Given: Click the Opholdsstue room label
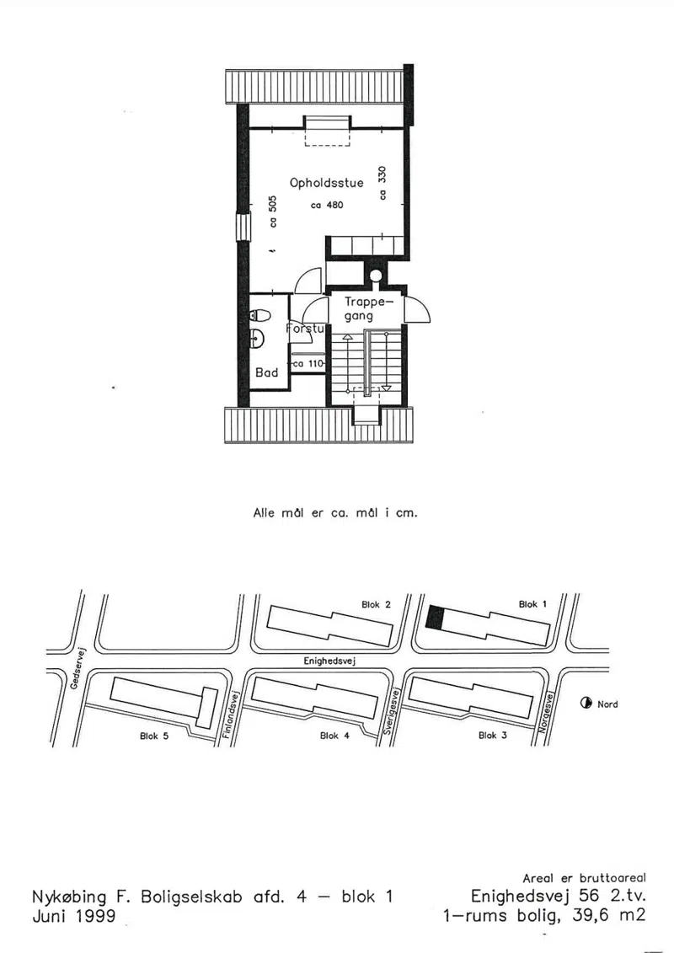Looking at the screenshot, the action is point(326,183).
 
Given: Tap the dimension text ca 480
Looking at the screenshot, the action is point(327,206).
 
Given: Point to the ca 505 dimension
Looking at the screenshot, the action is point(273,211).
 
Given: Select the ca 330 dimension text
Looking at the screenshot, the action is point(382,182).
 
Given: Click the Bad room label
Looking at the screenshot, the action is point(266,372).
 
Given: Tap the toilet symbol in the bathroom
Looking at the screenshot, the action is point(260,315).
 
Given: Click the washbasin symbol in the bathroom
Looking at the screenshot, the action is point(256,337).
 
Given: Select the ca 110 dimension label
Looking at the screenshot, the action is point(308,364).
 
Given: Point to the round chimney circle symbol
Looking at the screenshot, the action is point(376,276).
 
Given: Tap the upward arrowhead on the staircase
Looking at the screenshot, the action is point(347,337).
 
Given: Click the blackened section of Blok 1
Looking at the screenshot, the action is point(436,617).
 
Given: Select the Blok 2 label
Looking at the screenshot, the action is point(377,604).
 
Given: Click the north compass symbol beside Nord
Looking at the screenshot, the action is point(586,704).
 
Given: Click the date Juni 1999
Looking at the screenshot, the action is point(73,915).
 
